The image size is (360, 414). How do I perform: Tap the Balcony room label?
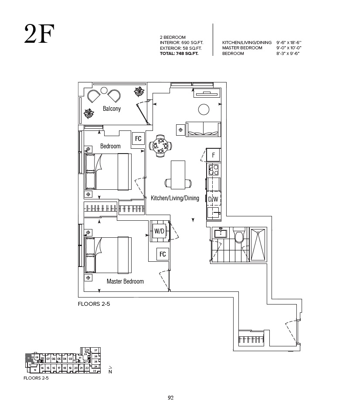[x=112, y=109]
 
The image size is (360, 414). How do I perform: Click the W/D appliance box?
[x=159, y=231]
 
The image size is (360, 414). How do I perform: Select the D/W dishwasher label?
[x=213, y=199]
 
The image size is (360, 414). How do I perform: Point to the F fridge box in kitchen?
[x=214, y=155]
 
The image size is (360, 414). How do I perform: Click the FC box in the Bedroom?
[x=138, y=139]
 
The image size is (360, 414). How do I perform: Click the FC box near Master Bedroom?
[x=163, y=254]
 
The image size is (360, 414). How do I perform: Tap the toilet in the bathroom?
[x=238, y=236]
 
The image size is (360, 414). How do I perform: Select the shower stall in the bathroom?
[x=258, y=244]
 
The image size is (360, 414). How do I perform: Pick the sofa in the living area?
[x=203, y=129]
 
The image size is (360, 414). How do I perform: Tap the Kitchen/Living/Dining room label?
[x=175, y=198]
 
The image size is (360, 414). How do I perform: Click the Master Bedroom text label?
[x=125, y=281]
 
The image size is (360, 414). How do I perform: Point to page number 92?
[x=171, y=397]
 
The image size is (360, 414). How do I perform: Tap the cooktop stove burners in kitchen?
[x=214, y=170]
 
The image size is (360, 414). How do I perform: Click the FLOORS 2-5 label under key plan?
[x=36, y=378]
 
